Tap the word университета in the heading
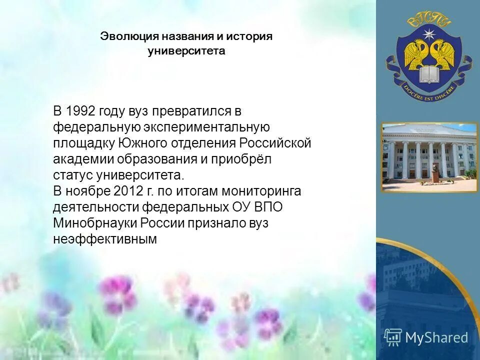coord(186,51)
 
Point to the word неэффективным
coord(104,239)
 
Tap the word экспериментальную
coord(207,127)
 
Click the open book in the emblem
coord(428,75)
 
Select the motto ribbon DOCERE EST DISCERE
coord(428,92)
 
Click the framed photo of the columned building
coord(428,157)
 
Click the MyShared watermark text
coord(436,337)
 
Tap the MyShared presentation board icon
coord(393,337)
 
